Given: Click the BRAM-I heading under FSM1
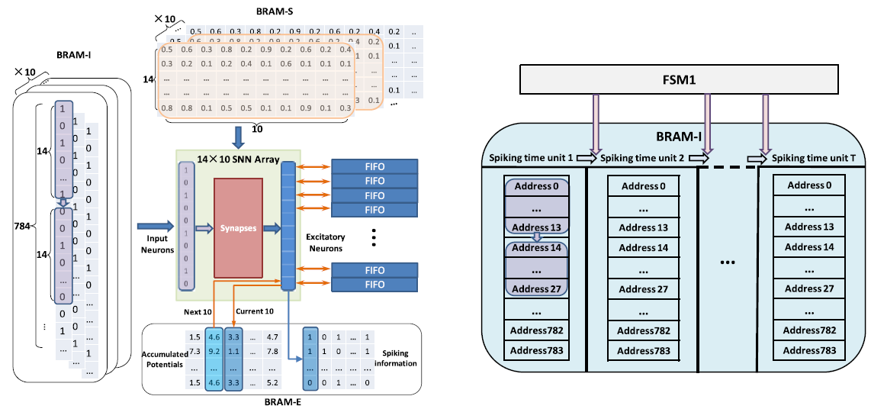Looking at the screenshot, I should pyautogui.click(x=679, y=138).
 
